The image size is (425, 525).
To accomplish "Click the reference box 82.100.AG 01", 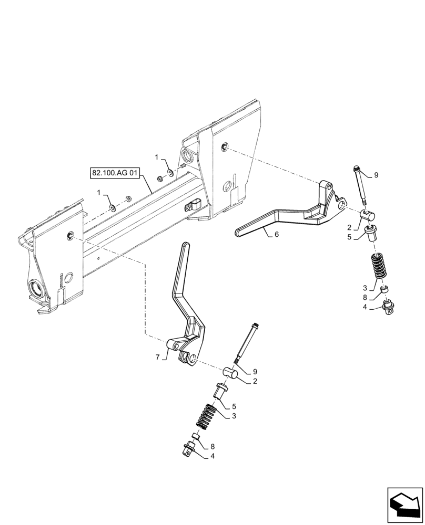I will click(114, 172).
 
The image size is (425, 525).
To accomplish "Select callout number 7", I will click(158, 357).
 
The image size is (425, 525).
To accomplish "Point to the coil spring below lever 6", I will click(378, 267).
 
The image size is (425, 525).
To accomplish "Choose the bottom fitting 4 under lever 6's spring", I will click(389, 306).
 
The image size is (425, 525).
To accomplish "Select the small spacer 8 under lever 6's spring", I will click(384, 289).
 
